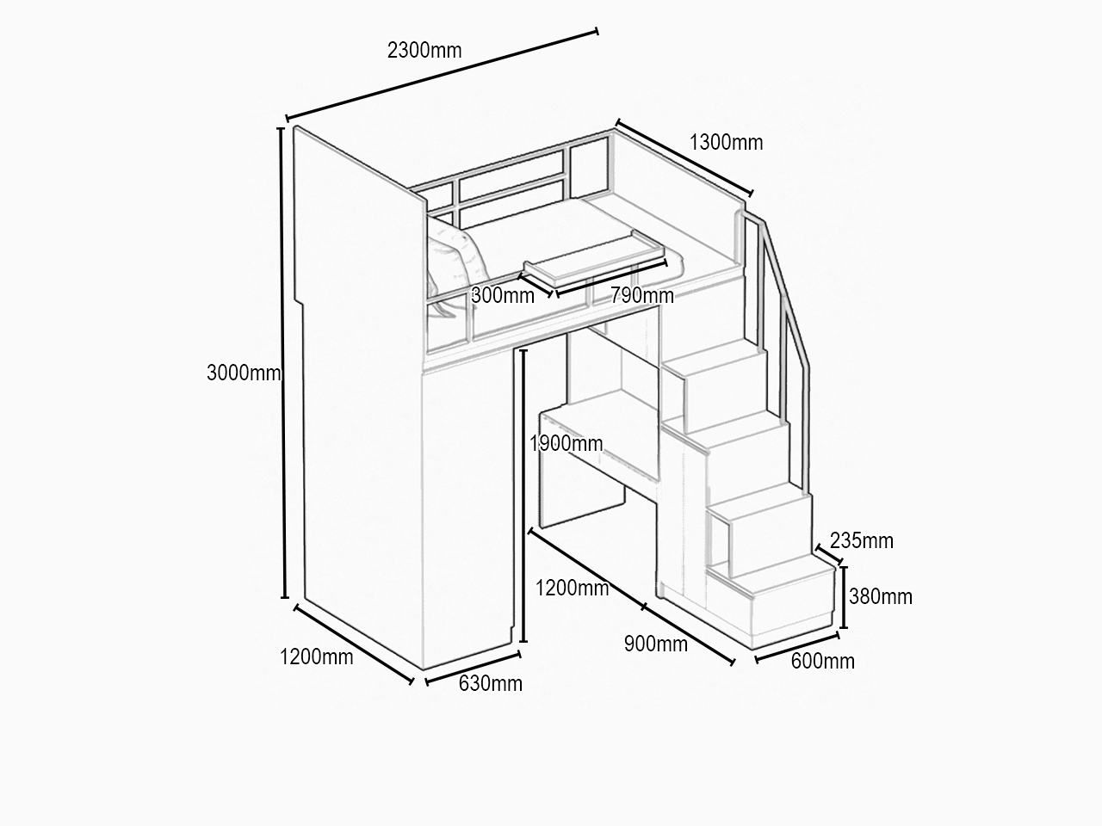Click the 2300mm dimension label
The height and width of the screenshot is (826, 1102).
click(424, 51)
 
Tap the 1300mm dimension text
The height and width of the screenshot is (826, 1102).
click(726, 143)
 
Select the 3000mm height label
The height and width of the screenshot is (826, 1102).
click(244, 373)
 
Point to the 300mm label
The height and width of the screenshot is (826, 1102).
click(503, 296)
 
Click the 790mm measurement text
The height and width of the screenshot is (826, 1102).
click(642, 296)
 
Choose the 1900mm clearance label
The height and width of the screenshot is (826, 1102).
click(566, 444)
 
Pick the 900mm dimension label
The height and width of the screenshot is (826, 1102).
click(656, 644)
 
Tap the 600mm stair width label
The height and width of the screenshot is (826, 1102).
click(823, 662)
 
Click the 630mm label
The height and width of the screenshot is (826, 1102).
click(491, 683)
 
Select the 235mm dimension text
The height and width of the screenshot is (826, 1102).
click(862, 541)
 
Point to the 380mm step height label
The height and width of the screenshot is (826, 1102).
click(881, 597)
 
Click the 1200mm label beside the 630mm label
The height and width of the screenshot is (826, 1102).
click(316, 657)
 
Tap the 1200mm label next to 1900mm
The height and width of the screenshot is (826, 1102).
click(572, 589)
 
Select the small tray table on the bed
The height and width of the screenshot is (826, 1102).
click(594, 259)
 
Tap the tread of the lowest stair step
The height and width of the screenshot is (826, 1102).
click(773, 576)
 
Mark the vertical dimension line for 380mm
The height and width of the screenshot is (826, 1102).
click(844, 597)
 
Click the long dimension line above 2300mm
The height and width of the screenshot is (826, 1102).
click(442, 75)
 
